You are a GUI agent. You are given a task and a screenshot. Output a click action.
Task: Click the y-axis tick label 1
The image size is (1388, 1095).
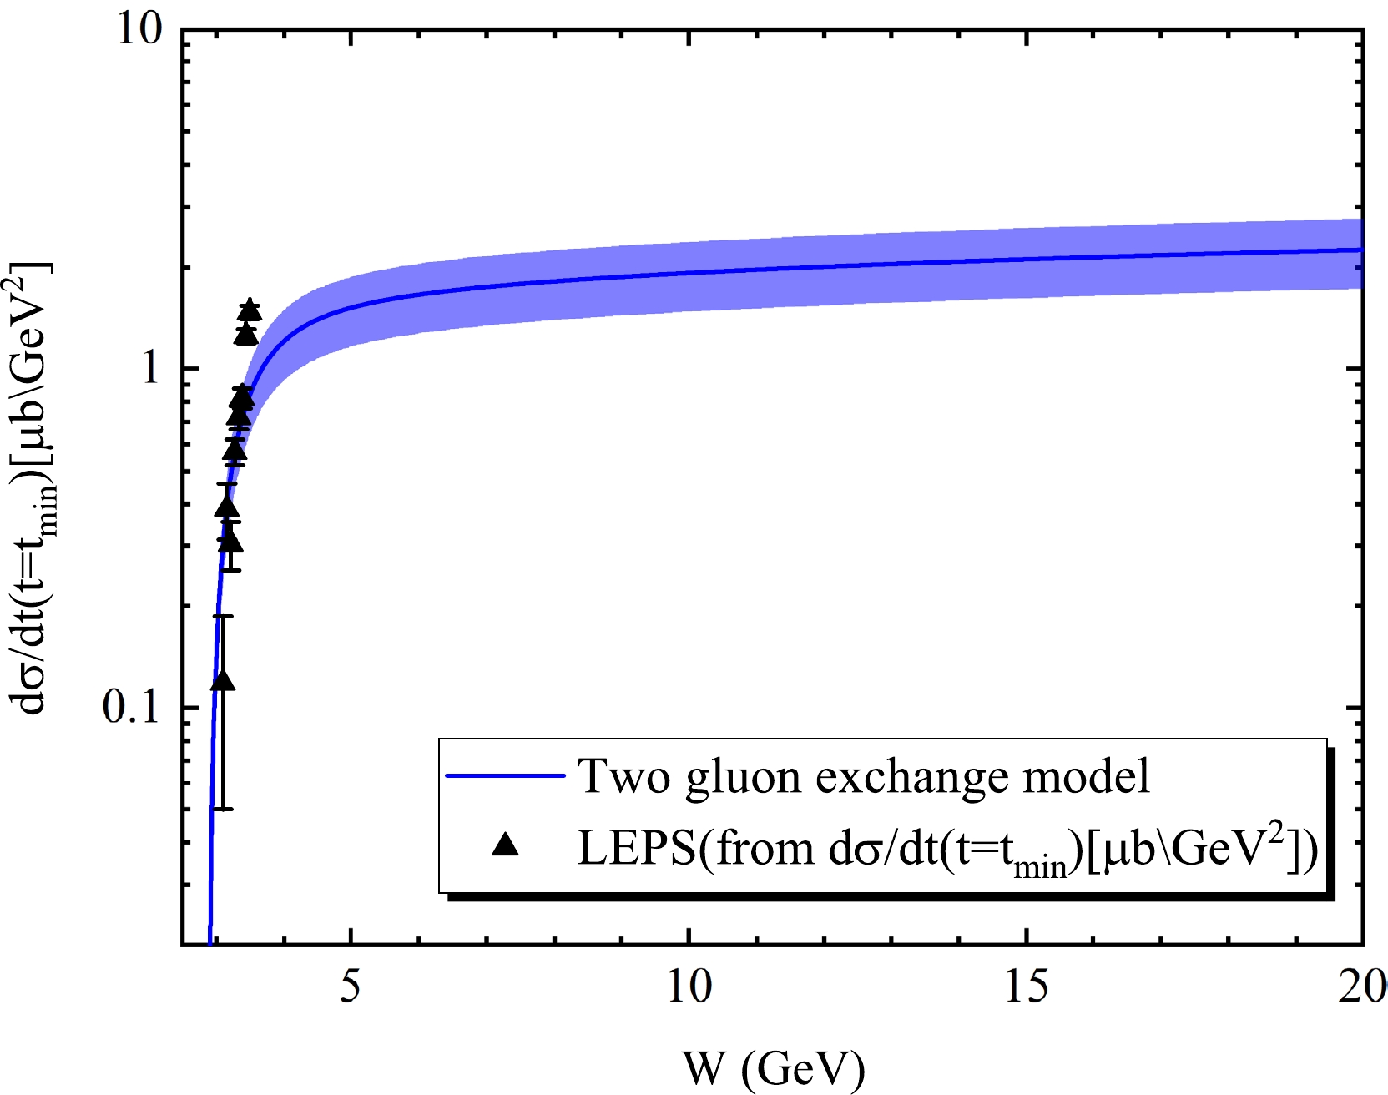150,367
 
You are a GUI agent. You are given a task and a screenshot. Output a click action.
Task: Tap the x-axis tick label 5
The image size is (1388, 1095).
351,987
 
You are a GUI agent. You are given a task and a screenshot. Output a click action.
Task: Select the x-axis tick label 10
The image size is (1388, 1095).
689,987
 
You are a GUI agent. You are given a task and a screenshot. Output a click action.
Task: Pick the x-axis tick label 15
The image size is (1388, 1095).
1026,987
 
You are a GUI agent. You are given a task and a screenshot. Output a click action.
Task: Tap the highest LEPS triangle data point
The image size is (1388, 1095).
250,310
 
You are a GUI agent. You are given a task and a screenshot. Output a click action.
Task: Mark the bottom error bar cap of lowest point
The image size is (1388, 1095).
223,809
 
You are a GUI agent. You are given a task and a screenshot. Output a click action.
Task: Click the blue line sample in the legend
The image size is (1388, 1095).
506,775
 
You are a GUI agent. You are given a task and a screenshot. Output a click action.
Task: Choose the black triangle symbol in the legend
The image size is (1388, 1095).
506,846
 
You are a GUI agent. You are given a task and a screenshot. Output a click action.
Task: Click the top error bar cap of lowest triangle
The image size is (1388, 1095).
223,616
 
